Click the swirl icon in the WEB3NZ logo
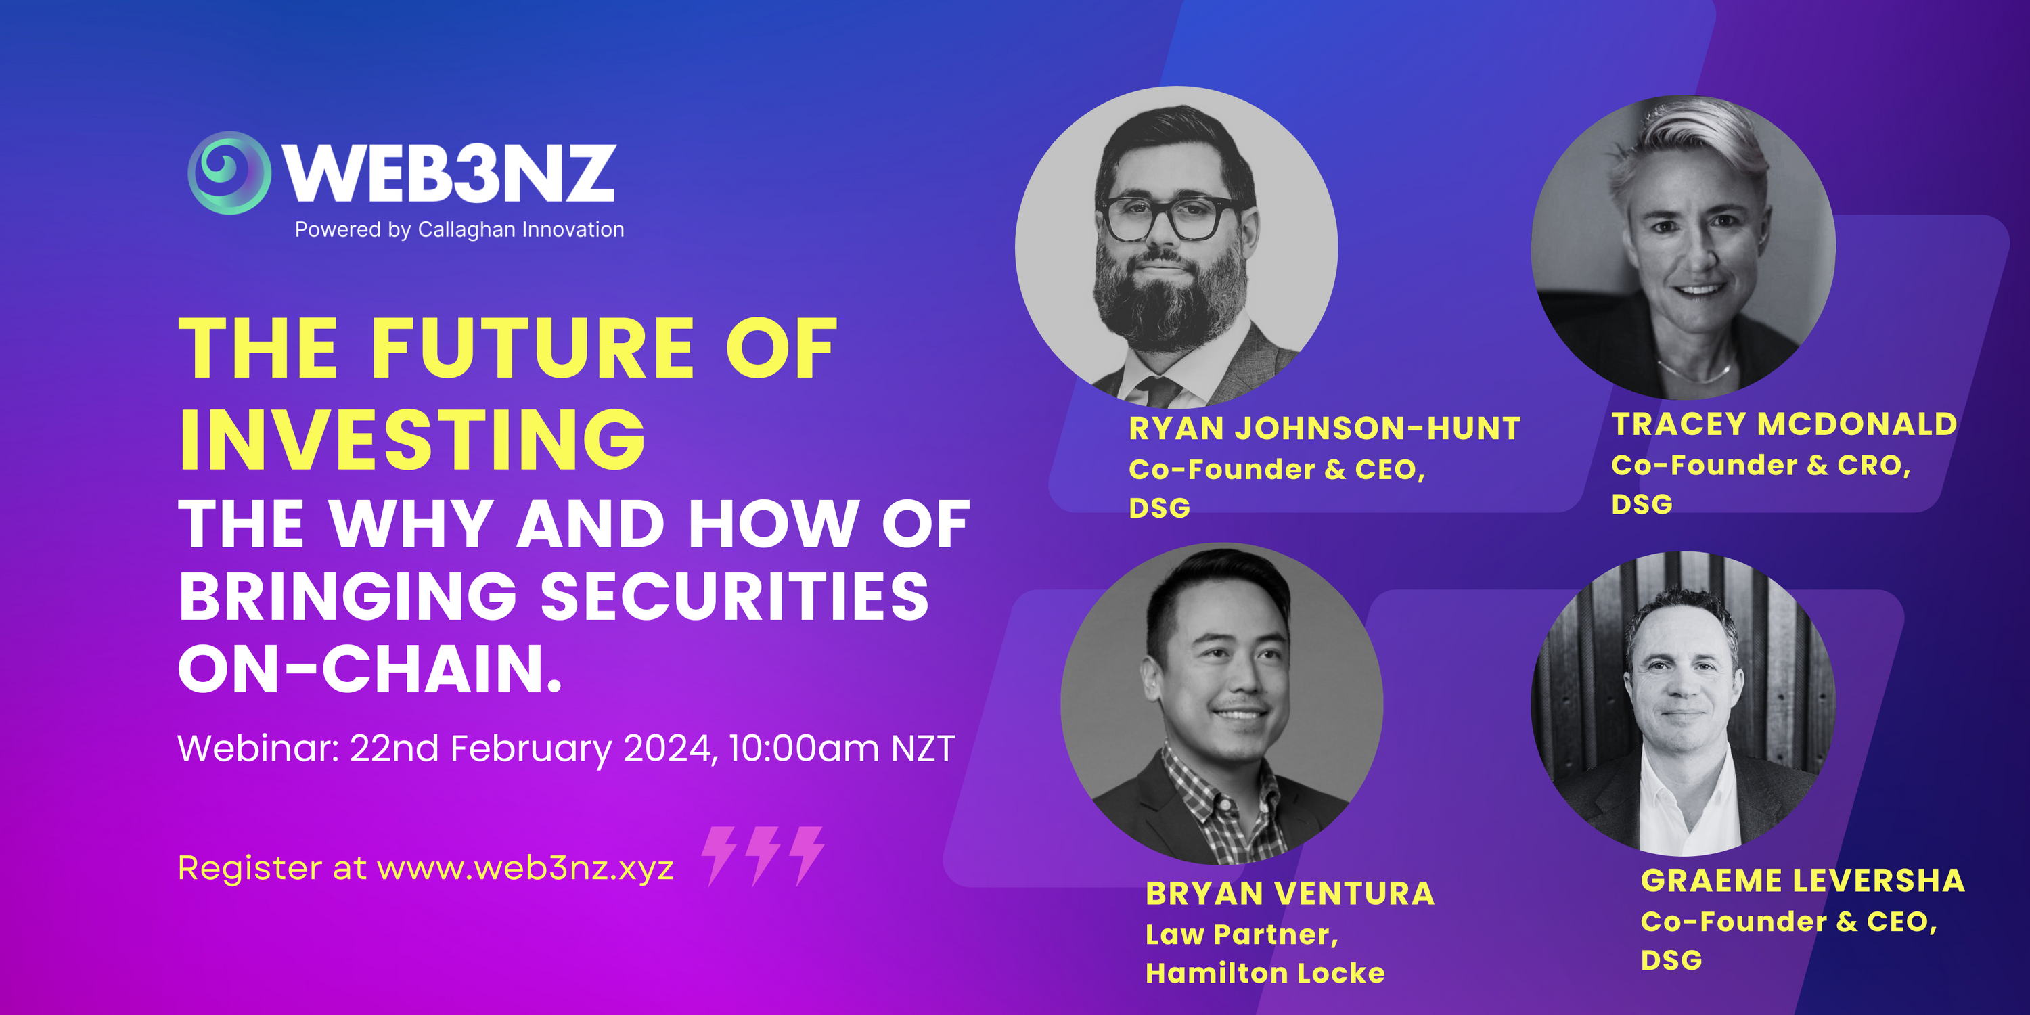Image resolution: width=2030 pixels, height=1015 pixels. [229, 173]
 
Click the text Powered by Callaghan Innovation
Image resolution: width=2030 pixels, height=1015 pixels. [459, 230]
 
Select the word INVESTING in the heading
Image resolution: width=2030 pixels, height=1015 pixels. [413, 440]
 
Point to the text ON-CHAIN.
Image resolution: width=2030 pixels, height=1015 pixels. [370, 669]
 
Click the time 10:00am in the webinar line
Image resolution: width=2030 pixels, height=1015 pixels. [804, 748]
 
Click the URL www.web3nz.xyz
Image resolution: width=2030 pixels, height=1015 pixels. [526, 868]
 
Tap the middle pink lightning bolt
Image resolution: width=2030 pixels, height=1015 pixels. [763, 856]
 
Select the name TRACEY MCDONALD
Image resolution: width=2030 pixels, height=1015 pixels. [1784, 424]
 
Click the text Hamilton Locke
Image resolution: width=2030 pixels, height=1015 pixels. [1265, 973]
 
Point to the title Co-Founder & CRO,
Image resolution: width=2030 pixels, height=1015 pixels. [1761, 466]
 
